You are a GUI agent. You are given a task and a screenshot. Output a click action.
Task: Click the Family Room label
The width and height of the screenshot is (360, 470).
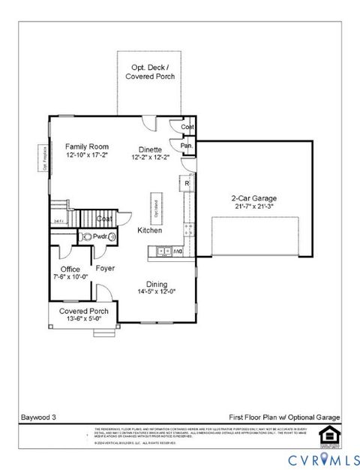(x=87, y=146)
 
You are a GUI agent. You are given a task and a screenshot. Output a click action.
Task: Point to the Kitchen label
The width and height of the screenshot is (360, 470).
(x=150, y=230)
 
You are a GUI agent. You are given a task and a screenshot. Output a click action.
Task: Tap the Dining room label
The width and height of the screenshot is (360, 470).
(x=157, y=284)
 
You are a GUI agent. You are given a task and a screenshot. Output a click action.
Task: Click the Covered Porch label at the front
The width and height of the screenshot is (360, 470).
(x=84, y=311)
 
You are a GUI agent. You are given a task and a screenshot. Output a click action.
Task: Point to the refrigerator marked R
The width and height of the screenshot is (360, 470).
(x=187, y=182)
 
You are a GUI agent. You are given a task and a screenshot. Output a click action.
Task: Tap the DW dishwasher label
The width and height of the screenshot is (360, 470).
(x=178, y=252)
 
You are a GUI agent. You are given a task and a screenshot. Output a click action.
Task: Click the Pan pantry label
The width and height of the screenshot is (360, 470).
(x=186, y=146)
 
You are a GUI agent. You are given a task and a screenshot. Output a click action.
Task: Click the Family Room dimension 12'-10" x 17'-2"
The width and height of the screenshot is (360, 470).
(x=87, y=155)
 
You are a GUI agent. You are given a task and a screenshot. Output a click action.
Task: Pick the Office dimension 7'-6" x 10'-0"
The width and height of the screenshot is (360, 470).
(x=70, y=276)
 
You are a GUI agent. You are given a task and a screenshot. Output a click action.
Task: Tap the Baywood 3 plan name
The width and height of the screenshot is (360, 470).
(x=37, y=416)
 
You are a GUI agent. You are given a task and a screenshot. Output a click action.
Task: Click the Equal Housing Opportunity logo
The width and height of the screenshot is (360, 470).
(x=328, y=435)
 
